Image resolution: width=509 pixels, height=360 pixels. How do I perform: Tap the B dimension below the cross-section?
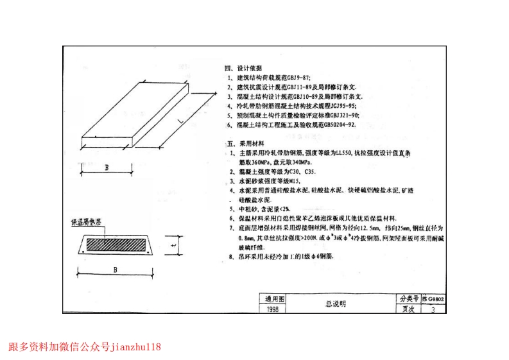pos(115,270)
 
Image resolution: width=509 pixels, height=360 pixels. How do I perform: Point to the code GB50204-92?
pos(339,124)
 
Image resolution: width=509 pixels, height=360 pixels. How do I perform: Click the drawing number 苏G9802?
pos(434,299)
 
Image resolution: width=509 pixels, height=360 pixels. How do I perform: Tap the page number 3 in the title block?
pos(434,309)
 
